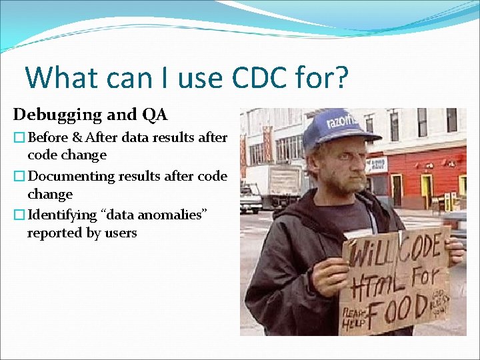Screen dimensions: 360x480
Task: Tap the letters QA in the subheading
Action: pyautogui.click(x=155, y=115)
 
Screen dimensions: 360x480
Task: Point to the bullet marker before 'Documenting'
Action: pyautogui.click(x=19, y=177)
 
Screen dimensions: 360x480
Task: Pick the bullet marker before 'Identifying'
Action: pyautogui.click(x=19, y=216)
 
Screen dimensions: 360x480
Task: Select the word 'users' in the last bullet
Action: pyautogui.click(x=119, y=233)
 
